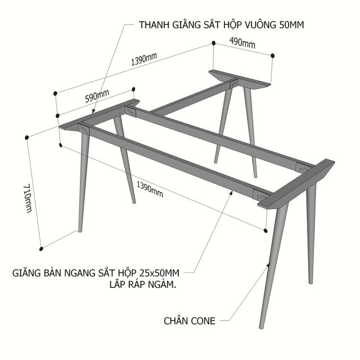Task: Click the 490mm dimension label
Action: point(242,43)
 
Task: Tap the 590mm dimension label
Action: point(97,96)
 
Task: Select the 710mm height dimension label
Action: point(28,199)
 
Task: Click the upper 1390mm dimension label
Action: point(144,59)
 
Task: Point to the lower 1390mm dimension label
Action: point(150,190)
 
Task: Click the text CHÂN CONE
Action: point(190,321)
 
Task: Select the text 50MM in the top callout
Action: point(291,25)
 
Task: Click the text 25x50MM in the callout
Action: point(159,273)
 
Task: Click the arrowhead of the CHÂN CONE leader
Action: point(268,265)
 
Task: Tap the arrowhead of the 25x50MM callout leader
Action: point(231,192)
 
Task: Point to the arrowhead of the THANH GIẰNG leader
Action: point(93,111)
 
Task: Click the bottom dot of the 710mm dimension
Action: point(41,249)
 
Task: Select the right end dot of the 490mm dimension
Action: point(272,56)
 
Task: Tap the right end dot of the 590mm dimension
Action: point(134,89)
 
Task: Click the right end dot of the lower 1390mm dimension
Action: point(265,231)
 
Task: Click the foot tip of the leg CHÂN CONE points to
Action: point(261,328)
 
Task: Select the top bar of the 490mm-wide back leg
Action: point(240,78)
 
